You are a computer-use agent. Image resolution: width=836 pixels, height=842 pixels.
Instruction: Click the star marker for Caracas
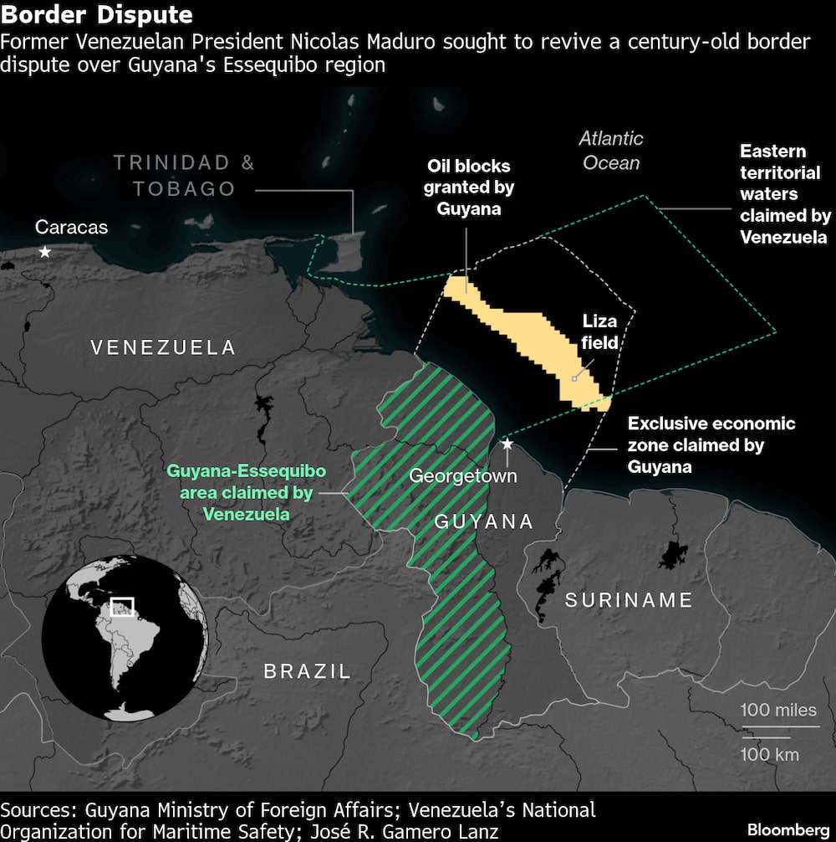pos(44,252)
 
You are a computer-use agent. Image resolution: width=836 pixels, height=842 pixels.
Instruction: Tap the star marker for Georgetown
pos(507,443)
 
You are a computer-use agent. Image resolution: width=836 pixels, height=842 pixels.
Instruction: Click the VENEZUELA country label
pos(163,347)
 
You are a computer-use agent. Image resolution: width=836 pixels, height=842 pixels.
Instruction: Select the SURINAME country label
pos(629,600)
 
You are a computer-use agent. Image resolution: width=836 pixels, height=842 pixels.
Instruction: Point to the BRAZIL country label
pos(308,670)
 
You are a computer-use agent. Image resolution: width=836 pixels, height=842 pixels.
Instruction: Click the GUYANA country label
pos(483,521)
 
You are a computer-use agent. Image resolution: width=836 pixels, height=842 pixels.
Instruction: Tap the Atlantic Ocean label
pos(611,151)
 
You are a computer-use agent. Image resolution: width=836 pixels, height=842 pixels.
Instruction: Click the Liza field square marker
pos(573,378)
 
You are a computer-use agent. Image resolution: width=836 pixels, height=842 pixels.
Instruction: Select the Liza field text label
pos(600,331)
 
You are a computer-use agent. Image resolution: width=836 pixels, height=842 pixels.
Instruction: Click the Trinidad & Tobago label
pos(185,176)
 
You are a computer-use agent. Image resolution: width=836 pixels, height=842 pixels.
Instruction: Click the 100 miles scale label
pos(778,711)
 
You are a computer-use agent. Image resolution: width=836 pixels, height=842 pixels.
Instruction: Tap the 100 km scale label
pos(769,754)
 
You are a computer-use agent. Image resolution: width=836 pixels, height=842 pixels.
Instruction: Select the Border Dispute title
pos(97,15)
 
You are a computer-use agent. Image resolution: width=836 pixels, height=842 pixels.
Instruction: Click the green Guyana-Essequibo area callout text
pos(247,492)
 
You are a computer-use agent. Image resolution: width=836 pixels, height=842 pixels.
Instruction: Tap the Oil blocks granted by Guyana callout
pos(468,187)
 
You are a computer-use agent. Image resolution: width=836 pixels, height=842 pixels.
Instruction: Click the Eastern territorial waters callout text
pos(784,194)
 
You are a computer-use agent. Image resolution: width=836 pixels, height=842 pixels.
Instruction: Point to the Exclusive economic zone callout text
pos(711,444)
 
